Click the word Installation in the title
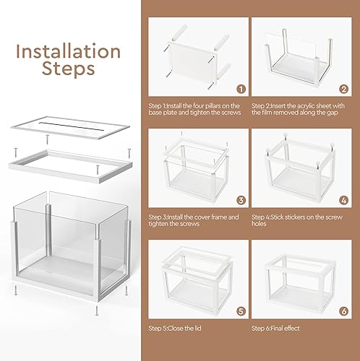point(69,52)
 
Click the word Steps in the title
point(69,69)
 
